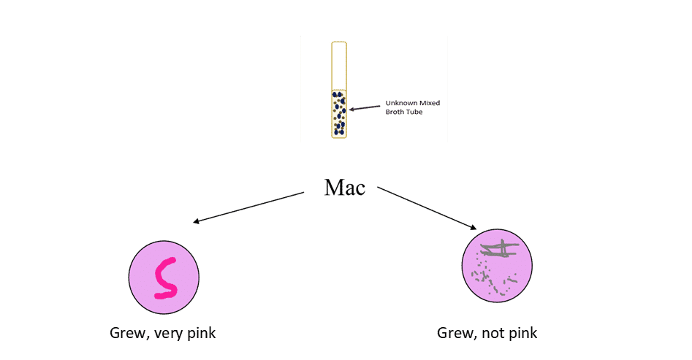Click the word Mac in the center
[345, 188]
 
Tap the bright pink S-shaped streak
[166, 278]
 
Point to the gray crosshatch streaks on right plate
[499, 250]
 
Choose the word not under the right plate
[495, 333]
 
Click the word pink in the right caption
[523, 333]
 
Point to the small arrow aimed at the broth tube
[365, 108]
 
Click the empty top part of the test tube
[339, 66]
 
